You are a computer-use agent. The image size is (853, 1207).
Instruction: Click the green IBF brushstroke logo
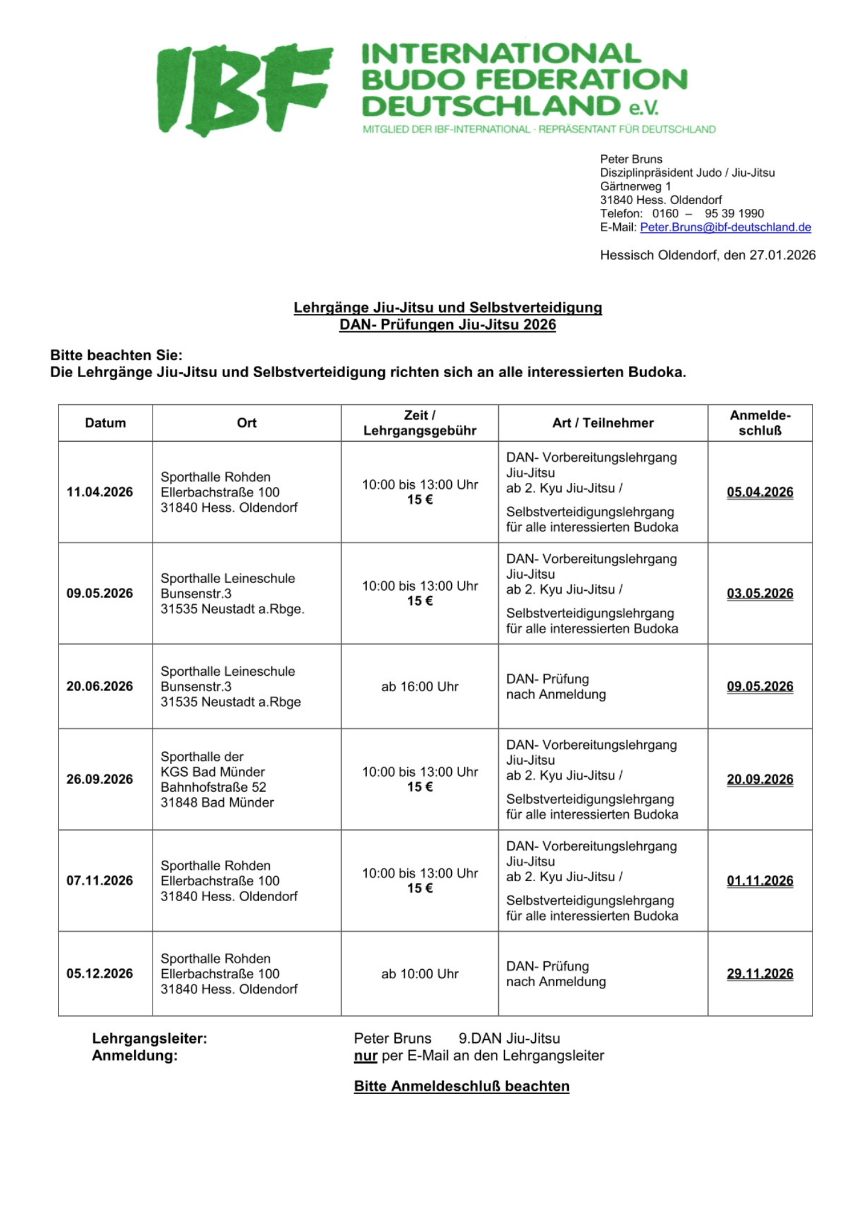pos(244,89)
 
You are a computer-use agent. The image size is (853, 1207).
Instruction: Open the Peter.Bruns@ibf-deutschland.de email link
pos(725,228)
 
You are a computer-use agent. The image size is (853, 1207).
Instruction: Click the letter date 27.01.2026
pos(782,255)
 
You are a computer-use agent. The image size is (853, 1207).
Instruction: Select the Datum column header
pos(106,423)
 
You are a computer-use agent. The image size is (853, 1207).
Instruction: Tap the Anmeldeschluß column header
pos(759,423)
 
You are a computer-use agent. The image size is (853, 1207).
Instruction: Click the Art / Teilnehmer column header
pos(603,423)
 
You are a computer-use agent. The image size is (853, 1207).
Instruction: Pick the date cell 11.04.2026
pos(100,492)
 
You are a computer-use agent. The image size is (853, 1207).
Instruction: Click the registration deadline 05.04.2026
pos(759,492)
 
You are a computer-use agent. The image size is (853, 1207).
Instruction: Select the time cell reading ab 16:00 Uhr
pos(420,687)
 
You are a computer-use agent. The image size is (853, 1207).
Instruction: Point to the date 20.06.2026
pos(100,687)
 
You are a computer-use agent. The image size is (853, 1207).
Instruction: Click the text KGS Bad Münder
pos(212,772)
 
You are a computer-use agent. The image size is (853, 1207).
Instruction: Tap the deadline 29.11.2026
pos(759,974)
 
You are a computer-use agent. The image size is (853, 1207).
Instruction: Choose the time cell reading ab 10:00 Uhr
pos(420,974)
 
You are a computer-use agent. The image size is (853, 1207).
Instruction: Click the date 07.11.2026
pos(100,881)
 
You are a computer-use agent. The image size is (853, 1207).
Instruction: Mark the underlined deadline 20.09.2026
pos(759,780)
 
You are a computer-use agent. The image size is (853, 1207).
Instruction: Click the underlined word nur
pos(366,1056)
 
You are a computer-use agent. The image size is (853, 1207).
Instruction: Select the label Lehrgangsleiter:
pos(149,1039)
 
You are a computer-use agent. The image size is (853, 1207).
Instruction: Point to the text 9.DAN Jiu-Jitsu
pos(509,1039)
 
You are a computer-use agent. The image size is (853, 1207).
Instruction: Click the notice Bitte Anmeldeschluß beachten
pos(461,1086)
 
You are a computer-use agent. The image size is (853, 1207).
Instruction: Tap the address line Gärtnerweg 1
pos(635,186)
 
